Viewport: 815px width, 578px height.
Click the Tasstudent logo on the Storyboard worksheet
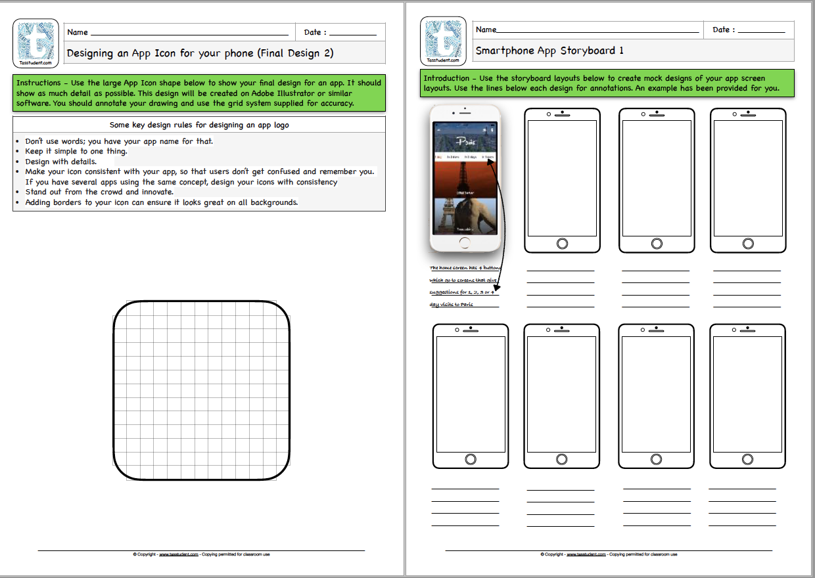coord(443,41)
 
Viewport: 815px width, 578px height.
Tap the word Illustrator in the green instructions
coord(283,93)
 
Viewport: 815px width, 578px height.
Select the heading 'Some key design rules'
coord(199,125)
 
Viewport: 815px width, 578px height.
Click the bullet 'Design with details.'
coord(60,162)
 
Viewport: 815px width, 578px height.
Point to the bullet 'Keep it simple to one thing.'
coord(76,151)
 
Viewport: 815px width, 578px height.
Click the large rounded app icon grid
coord(202,391)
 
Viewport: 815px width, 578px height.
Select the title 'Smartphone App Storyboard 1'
coord(549,51)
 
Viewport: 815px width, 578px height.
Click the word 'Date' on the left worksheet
coord(312,32)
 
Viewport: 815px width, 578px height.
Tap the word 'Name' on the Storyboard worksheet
coord(486,30)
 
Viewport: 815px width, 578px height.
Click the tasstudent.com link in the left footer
coord(179,554)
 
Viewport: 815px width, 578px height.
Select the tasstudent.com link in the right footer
coord(586,554)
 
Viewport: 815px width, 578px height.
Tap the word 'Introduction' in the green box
coord(446,78)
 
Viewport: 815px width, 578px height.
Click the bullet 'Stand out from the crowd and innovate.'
coord(99,192)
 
